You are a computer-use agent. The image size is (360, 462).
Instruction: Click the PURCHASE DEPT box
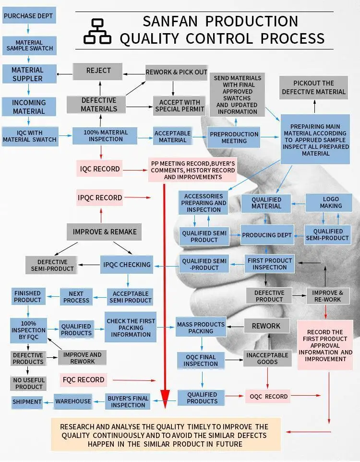point(28,16)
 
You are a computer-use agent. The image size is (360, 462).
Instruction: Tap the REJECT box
point(98,71)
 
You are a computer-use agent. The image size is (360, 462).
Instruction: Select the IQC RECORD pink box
point(100,169)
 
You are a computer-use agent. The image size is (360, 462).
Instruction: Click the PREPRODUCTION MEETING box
point(234,137)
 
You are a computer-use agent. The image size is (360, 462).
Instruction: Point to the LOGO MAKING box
point(331,202)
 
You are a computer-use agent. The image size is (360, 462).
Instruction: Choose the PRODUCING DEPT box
point(267,235)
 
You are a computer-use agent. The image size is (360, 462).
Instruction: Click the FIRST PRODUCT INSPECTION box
point(269,264)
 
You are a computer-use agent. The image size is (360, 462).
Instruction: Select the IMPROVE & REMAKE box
point(105,232)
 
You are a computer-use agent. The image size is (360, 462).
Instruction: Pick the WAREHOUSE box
point(72,401)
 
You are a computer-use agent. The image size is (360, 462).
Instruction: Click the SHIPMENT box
point(27,401)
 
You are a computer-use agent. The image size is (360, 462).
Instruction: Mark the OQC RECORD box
point(269,397)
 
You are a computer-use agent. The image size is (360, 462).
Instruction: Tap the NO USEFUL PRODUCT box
point(29,383)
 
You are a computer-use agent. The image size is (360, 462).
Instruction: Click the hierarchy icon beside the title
point(97,32)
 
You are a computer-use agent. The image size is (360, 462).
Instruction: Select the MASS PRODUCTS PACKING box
point(201,328)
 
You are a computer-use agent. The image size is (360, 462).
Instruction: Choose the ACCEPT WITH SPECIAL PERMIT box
point(180,105)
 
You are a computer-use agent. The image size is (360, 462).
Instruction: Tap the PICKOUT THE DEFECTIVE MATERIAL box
point(313,87)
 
